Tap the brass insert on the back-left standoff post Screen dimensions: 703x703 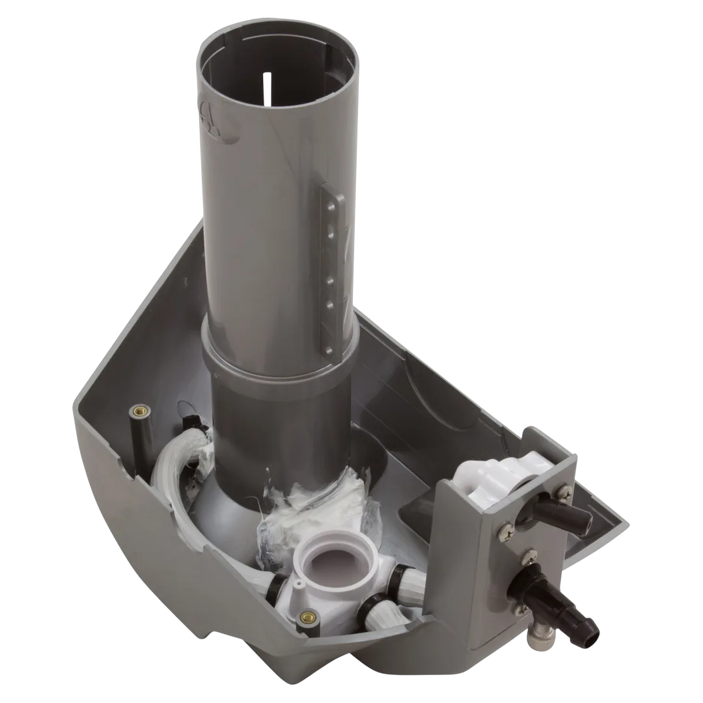(139, 412)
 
